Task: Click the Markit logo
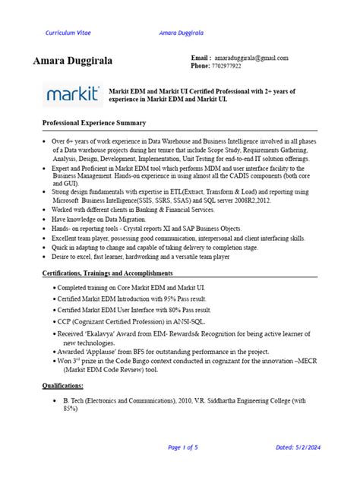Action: coord(71,94)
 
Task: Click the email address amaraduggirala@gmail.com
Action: coord(251,58)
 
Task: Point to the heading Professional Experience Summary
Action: coord(93,122)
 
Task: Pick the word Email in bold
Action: coord(201,58)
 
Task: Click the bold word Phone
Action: coord(200,66)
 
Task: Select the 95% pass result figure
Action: coord(196,300)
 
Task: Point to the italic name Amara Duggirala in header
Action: coord(185,33)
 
